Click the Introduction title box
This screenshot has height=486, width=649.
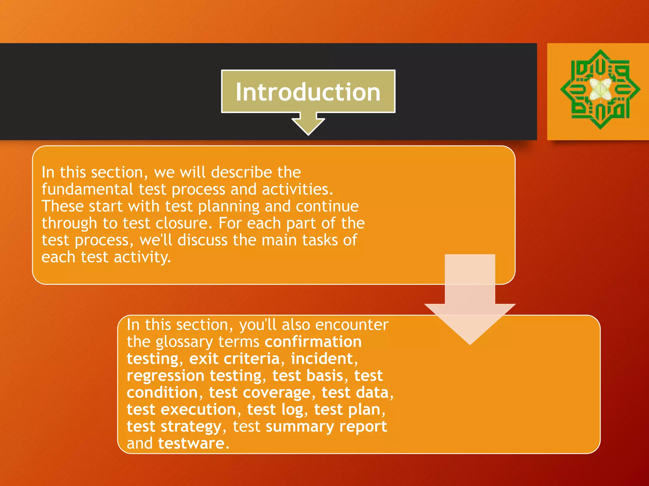pos(308,91)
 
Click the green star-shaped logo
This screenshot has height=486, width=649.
pos(600,89)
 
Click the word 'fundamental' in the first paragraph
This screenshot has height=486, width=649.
pos(87,189)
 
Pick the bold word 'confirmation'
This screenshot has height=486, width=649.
pos(313,342)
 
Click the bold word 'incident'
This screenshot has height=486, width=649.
pos(322,358)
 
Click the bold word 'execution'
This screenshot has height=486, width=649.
pos(198,410)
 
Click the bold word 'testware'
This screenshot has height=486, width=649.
pos(191,443)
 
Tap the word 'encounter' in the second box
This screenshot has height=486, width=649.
pos(352,325)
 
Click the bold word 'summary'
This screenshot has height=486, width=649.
pos(300,427)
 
